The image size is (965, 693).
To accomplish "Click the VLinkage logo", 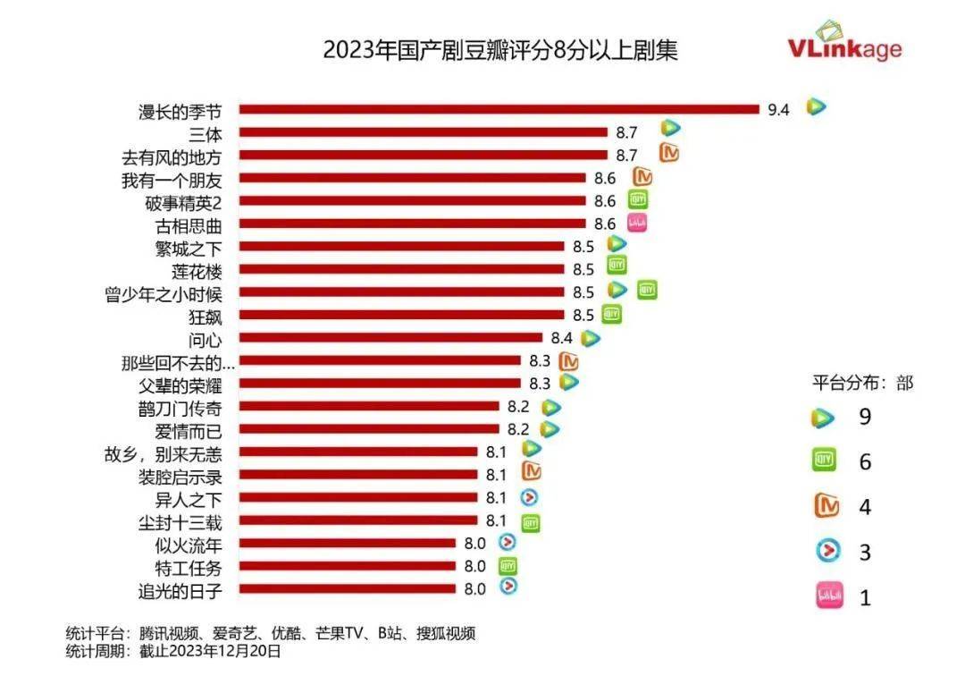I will pyautogui.click(x=843, y=44).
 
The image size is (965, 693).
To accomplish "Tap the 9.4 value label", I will pyautogui.click(x=779, y=111).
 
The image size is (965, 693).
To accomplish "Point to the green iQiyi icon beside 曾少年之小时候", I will pyautogui.click(x=647, y=291).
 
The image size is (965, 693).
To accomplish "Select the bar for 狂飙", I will pyautogui.click(x=401, y=315).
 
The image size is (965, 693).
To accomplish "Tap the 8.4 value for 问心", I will pyautogui.click(x=562, y=338).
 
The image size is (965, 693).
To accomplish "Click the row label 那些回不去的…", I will pyautogui.click(x=178, y=362).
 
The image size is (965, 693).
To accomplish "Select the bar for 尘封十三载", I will pyautogui.click(x=357, y=520).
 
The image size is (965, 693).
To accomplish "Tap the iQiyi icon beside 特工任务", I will pyautogui.click(x=508, y=566).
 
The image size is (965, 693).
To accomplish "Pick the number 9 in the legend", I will pyautogui.click(x=864, y=417).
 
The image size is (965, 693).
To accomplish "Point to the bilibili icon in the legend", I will pyautogui.click(x=822, y=596).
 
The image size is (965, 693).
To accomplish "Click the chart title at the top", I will pyautogui.click(x=499, y=50).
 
